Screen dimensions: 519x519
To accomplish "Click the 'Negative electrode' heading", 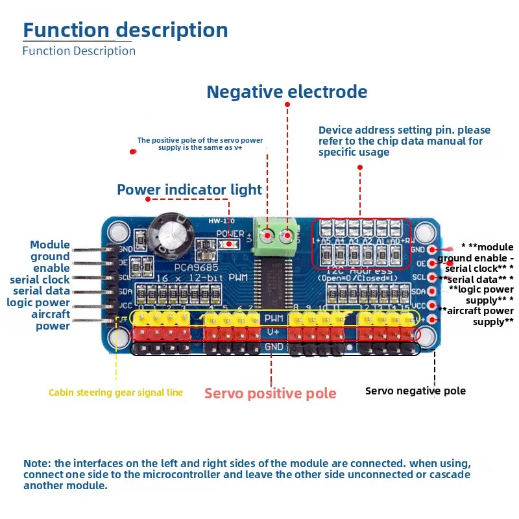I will [287, 92].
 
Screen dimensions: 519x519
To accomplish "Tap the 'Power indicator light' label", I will [189, 189].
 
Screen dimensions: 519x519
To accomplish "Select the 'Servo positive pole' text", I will [271, 393].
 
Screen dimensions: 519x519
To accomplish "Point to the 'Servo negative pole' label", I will [415, 391].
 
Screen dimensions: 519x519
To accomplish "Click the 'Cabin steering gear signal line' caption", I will [115, 392].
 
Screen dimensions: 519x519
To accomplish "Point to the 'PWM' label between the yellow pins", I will [272, 319].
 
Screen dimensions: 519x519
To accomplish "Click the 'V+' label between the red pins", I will [272, 333].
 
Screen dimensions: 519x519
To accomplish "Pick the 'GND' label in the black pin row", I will [272, 348].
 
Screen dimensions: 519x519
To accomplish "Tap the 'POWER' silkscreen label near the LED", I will [230, 234].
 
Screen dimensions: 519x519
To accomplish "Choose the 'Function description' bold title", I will [126, 30].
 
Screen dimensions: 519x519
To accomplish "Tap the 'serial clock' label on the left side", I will [40, 280].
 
